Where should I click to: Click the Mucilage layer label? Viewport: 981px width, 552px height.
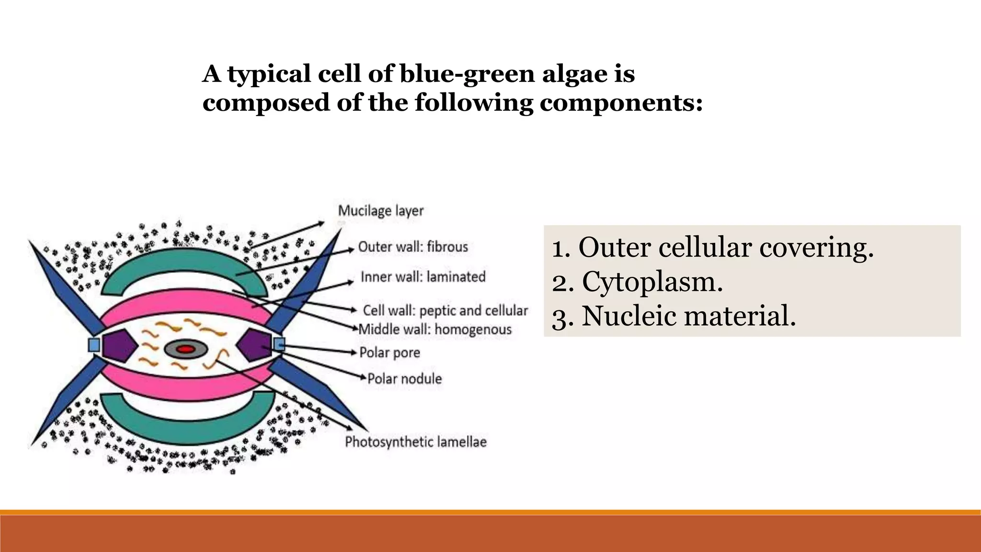pos(381,211)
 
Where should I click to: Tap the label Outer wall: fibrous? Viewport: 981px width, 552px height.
pos(413,247)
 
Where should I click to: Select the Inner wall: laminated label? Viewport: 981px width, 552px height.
pos(423,277)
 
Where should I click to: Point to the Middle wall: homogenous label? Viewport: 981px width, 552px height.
pos(435,330)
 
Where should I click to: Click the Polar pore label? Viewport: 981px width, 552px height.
pos(389,353)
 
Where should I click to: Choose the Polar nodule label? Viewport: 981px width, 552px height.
pos(404,379)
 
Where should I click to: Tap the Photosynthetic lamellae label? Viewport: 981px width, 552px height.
pos(416,442)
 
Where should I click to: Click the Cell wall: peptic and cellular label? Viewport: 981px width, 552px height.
pos(445,310)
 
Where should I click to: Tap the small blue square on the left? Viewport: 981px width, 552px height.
pos(94,345)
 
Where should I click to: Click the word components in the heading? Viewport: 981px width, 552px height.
pos(620,103)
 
